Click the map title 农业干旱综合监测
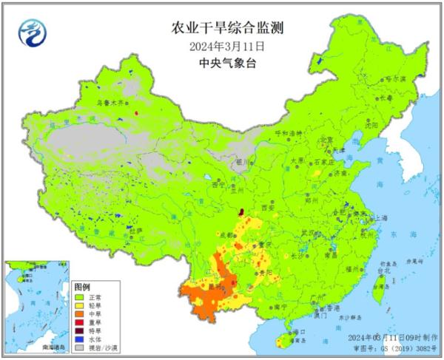point(227,29)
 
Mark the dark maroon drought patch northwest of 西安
point(240,211)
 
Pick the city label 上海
point(383,218)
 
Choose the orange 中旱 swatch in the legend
point(78,312)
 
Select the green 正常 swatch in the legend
point(78,296)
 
